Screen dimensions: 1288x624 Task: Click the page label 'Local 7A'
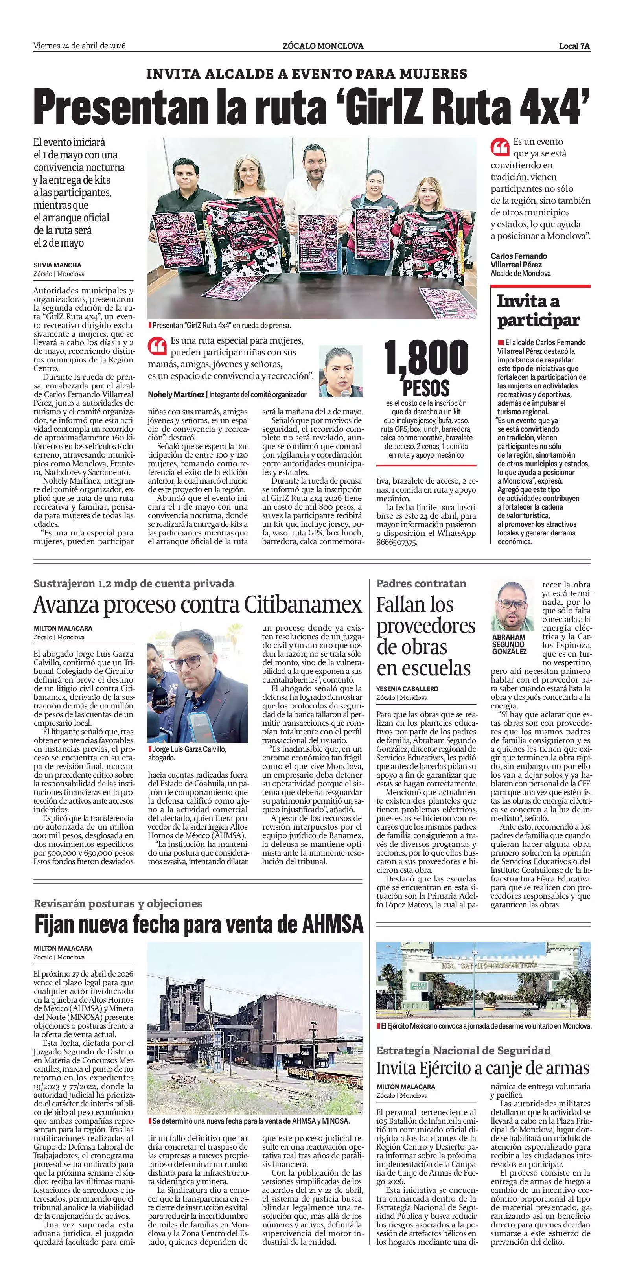(574, 46)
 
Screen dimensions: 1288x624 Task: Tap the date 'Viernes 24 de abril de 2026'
(79, 46)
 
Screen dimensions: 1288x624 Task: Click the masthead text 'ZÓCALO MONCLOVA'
(323, 46)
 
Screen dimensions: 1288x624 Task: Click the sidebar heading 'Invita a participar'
(538, 311)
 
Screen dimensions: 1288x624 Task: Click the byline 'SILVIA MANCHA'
(57, 265)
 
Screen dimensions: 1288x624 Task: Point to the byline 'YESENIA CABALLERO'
(407, 688)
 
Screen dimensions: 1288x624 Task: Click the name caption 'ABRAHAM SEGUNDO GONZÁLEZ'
(509, 644)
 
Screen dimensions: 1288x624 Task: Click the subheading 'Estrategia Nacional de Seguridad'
(463, 1050)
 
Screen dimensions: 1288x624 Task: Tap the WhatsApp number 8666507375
(396, 542)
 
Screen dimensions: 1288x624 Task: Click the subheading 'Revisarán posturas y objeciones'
(118, 903)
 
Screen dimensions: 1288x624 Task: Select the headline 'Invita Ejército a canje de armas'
(483, 1068)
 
